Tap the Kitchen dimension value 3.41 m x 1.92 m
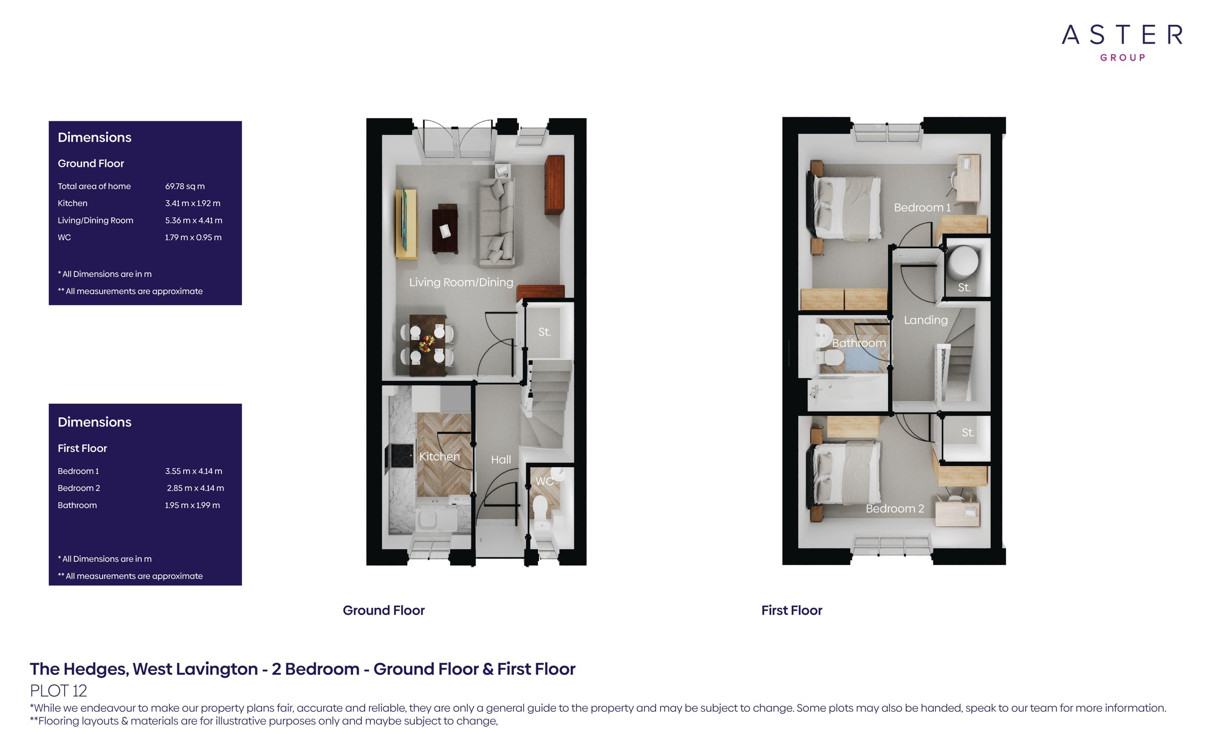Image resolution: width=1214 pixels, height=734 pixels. (x=193, y=203)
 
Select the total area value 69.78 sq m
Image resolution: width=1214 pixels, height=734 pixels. (x=185, y=186)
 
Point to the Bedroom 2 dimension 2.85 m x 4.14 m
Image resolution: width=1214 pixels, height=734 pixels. (x=195, y=488)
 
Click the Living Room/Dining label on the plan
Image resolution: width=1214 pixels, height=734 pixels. (x=461, y=282)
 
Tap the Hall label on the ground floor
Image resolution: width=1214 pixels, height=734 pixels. (x=501, y=460)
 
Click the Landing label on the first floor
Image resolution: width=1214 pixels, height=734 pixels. (x=926, y=320)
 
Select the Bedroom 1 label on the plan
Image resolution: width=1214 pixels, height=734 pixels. (x=922, y=207)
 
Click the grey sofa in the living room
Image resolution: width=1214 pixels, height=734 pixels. (x=497, y=222)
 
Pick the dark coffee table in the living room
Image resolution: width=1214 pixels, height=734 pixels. (x=445, y=229)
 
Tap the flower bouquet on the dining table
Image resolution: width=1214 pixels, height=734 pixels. (x=427, y=344)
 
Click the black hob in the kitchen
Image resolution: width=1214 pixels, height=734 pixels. (x=401, y=456)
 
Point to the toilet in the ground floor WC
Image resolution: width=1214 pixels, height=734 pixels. (x=540, y=507)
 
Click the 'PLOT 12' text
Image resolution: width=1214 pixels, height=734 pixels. (x=59, y=691)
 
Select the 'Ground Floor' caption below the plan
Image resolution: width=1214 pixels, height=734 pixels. (x=384, y=611)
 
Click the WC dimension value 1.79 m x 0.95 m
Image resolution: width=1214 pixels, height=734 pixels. (x=193, y=237)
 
